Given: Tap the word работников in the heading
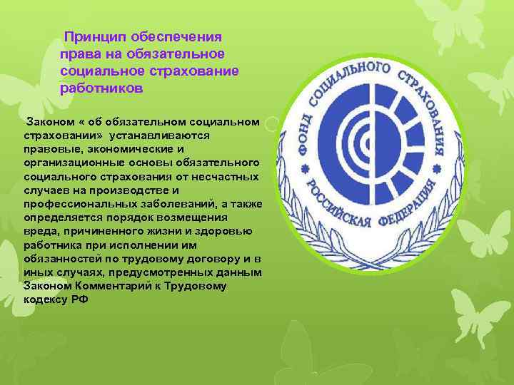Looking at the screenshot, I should [102, 89].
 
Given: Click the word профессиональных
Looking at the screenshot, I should [79, 204].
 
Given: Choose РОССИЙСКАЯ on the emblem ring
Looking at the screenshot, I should [336, 214].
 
